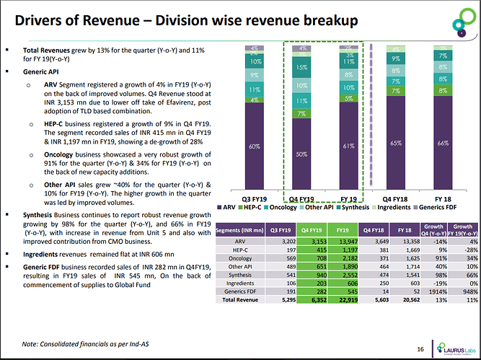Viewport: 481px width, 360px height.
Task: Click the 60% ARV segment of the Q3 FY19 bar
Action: click(255, 146)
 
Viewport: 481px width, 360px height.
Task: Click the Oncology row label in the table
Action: click(240, 259)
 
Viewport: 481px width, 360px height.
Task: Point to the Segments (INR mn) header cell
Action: click(240, 230)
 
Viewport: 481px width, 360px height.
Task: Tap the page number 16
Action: click(420, 348)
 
